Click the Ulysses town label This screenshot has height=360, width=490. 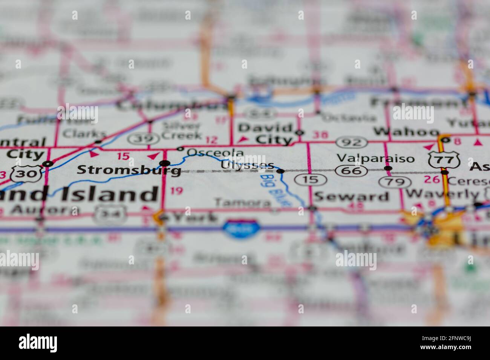[247, 165]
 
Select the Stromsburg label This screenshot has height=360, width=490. [129, 170]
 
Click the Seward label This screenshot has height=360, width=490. [351, 196]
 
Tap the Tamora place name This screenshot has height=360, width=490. [242, 203]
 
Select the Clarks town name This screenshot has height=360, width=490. [84, 133]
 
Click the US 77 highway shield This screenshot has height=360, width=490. [444, 160]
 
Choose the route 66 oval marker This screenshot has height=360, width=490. [351, 171]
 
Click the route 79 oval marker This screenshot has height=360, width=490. [395, 183]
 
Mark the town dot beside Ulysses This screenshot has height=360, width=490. [280, 171]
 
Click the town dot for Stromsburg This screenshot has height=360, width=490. [165, 163]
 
